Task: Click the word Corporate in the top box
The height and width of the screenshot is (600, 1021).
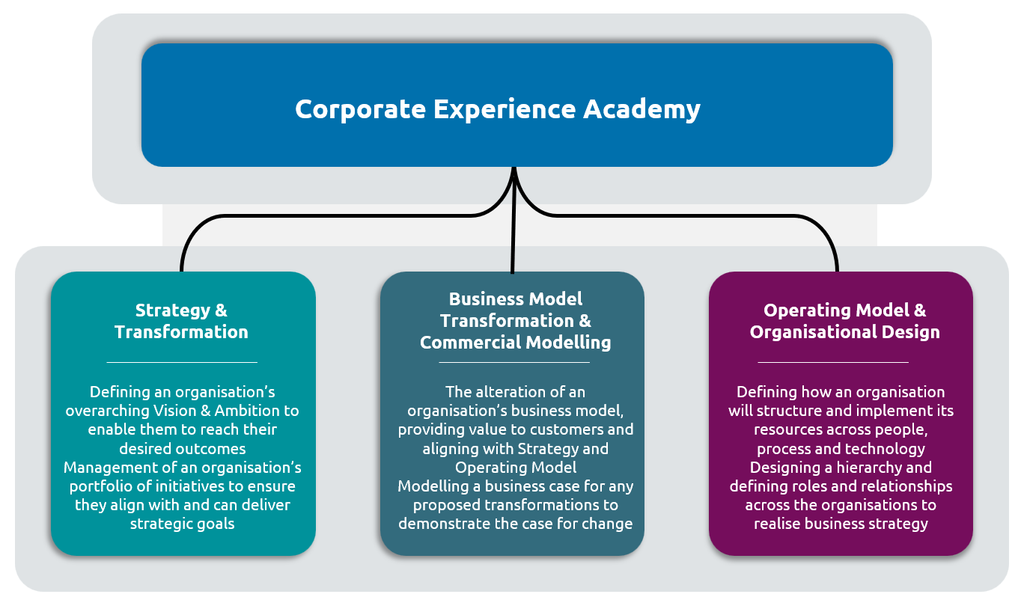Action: (x=361, y=109)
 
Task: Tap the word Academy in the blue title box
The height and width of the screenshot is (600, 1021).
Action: (x=641, y=110)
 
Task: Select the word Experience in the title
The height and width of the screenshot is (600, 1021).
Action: (x=505, y=110)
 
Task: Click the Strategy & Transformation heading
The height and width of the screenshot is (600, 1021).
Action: (x=181, y=321)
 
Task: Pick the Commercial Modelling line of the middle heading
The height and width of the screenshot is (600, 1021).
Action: (x=515, y=343)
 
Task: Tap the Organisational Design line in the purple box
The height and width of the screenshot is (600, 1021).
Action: (x=844, y=332)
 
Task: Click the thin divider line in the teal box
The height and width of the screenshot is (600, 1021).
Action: (x=182, y=362)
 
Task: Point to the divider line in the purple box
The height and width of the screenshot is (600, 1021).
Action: (x=833, y=362)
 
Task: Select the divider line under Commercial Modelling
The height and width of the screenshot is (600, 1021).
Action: (x=514, y=362)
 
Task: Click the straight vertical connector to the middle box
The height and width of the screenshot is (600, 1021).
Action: (x=513, y=221)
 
